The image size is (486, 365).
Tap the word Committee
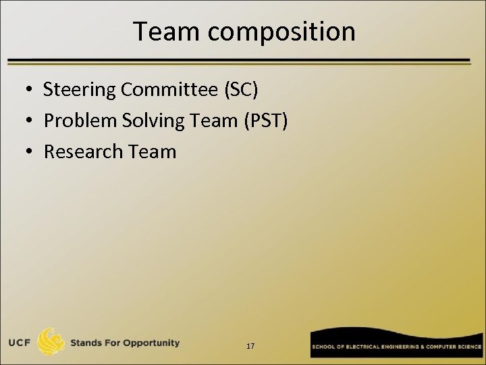160,89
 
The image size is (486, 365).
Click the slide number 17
250,346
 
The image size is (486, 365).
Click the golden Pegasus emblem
51,342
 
